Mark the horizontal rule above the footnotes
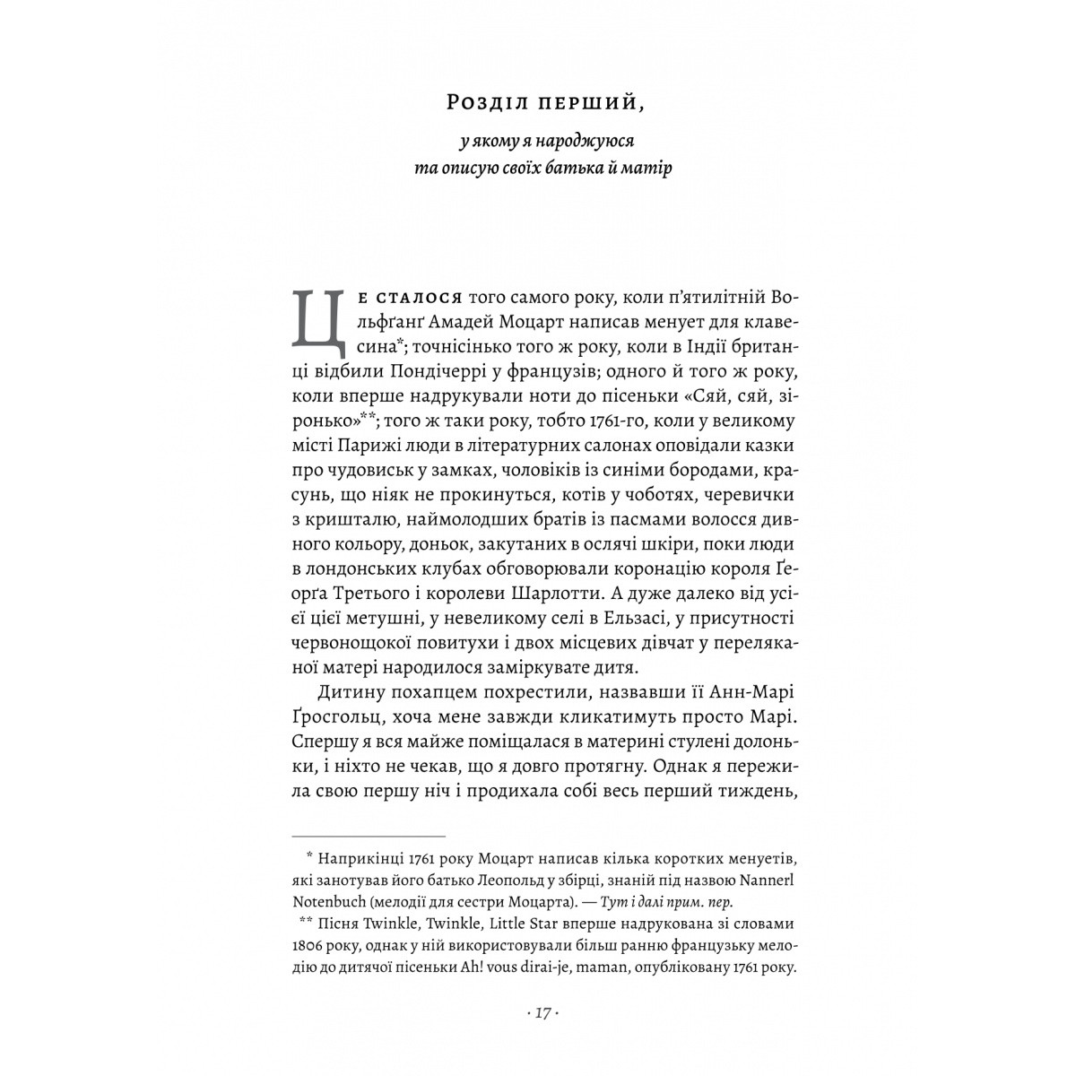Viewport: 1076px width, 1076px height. [x=368, y=835]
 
